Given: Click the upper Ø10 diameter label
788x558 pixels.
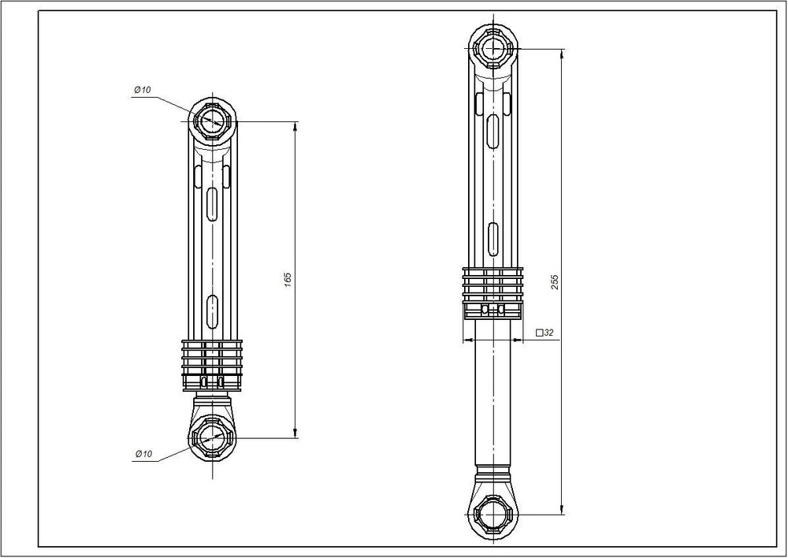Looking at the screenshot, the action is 142,90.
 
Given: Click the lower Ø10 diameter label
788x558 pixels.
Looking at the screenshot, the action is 143,454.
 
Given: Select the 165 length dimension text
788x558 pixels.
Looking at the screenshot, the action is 288,280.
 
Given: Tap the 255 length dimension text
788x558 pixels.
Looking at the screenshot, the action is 555,282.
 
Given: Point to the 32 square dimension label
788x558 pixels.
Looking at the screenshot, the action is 545,333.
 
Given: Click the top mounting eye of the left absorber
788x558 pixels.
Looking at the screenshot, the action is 213,121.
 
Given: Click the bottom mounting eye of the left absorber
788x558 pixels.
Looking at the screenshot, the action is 213,438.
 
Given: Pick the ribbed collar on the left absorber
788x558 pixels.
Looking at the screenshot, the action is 212,365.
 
